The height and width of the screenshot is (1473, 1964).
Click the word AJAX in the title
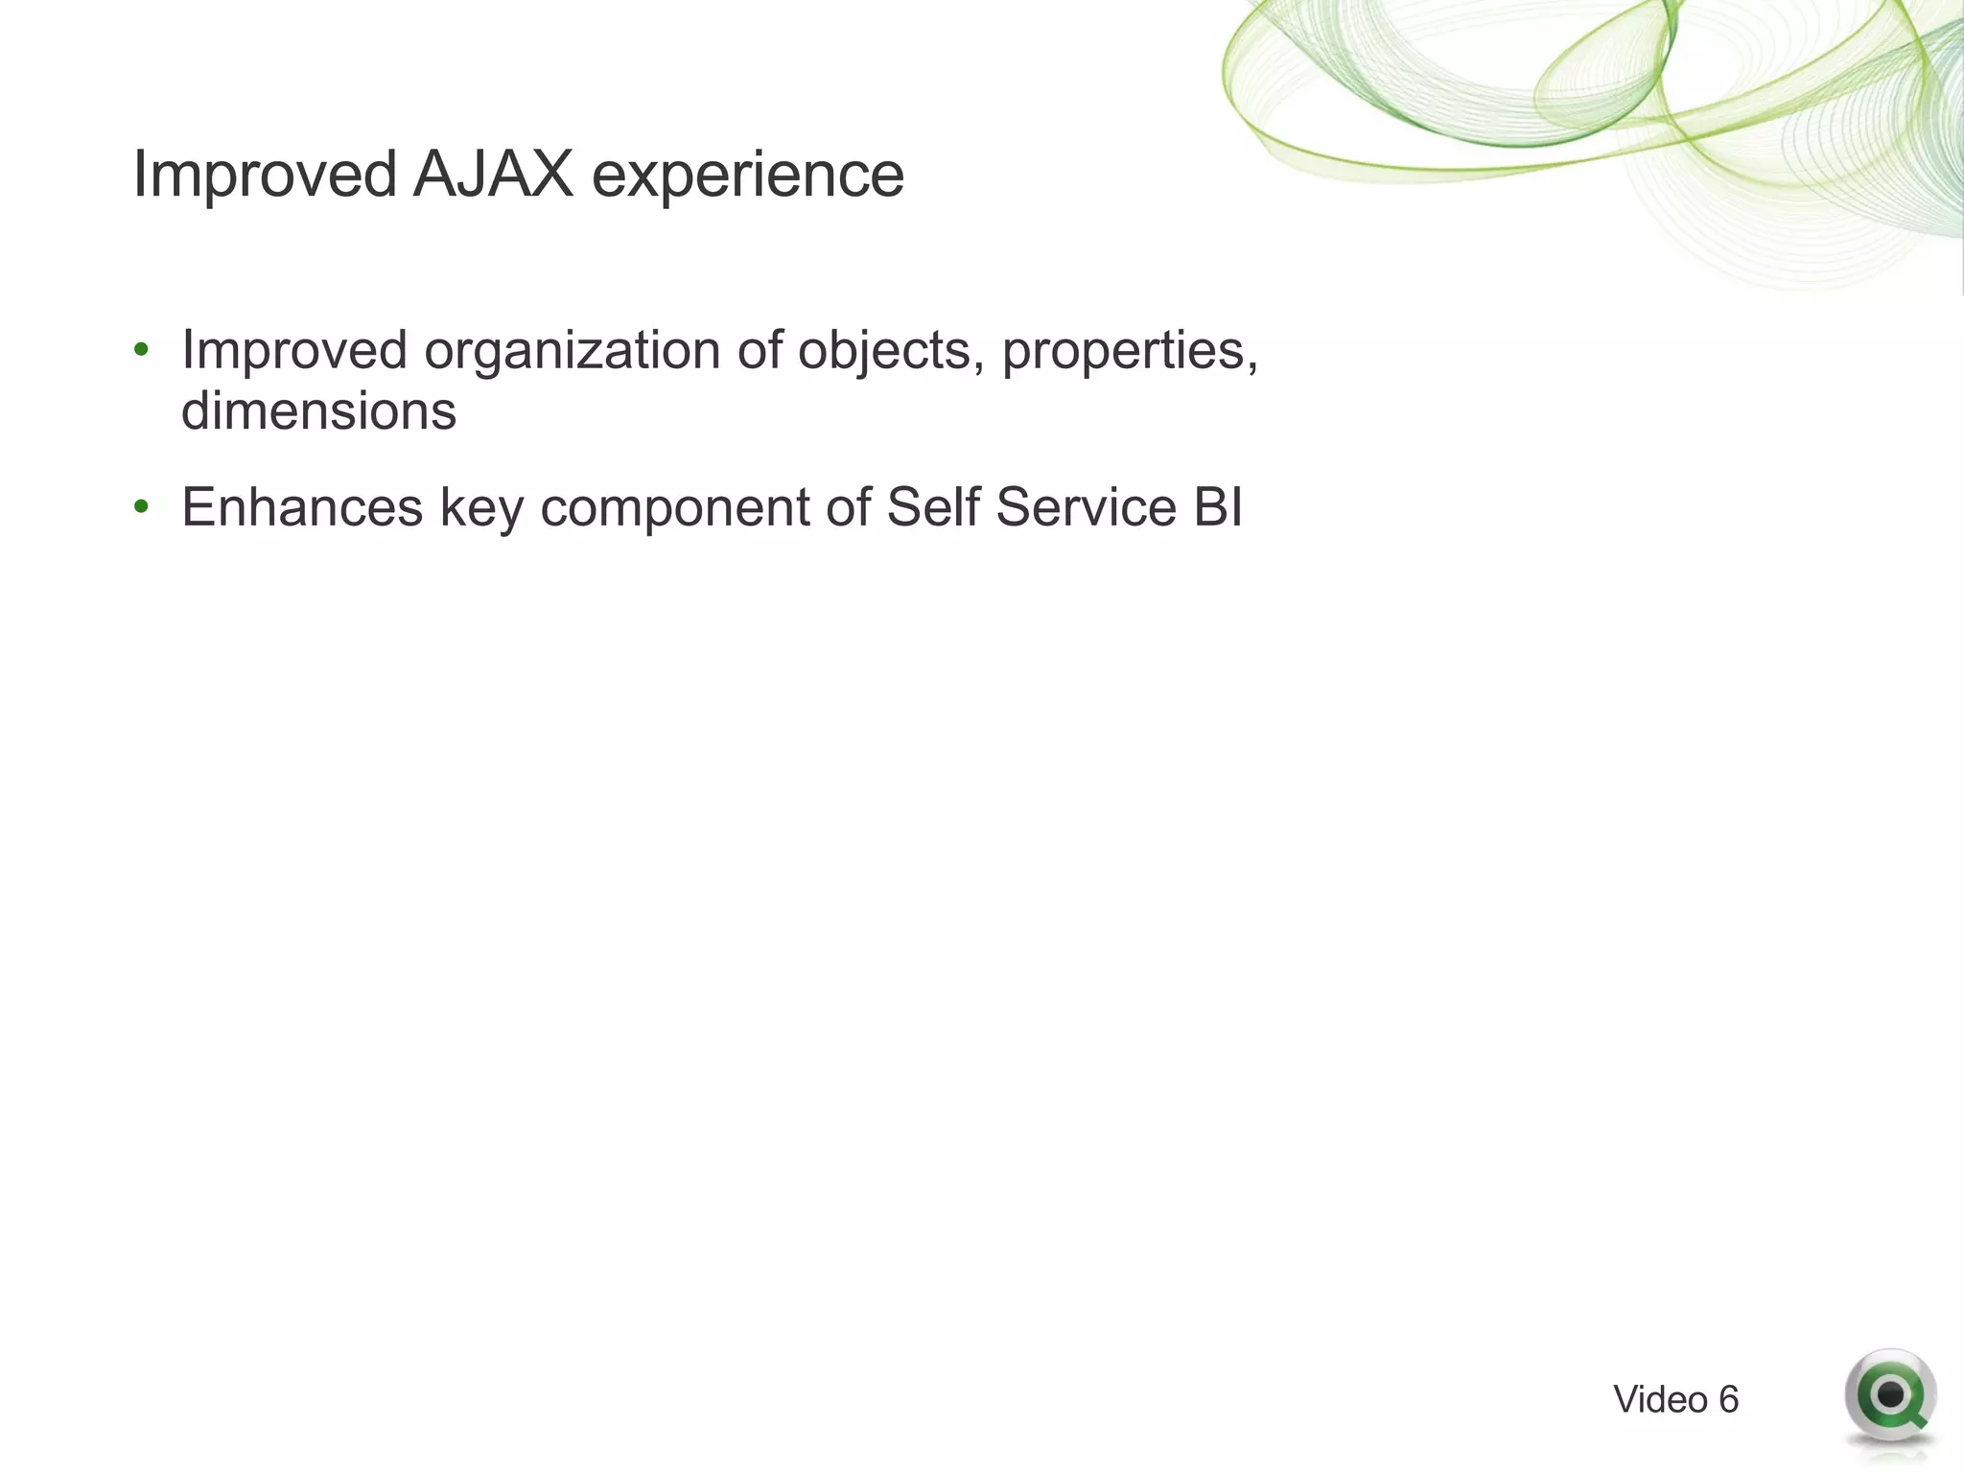[493, 175]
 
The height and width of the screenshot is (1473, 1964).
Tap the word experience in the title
[747, 176]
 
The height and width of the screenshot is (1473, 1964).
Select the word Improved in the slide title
[265, 176]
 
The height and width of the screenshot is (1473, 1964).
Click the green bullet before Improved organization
[142, 349]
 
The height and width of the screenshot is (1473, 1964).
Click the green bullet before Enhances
[142, 506]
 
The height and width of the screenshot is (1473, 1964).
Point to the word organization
[572, 351]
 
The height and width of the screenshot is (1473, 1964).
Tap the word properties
[1129, 351]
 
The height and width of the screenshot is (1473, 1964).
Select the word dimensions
[318, 411]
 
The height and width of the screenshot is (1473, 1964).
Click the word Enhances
[302, 506]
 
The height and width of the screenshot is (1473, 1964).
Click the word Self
[934, 506]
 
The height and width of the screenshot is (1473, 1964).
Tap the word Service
[1086, 506]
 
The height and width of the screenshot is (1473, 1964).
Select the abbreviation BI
[1218, 506]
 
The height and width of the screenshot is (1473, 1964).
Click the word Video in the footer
[1660, 1400]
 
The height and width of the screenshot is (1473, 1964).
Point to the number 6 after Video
[1728, 1400]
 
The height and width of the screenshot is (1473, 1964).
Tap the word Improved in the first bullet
[294, 351]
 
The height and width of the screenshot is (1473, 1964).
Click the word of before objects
[760, 349]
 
